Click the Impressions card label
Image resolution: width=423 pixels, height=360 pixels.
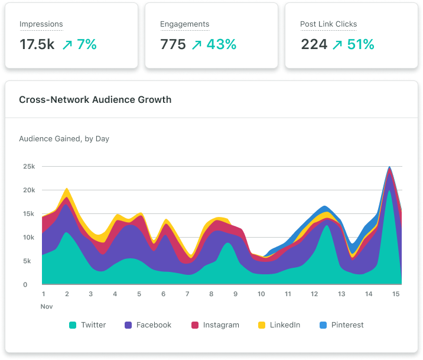click(x=41, y=24)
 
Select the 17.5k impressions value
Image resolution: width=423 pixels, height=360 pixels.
click(x=36, y=44)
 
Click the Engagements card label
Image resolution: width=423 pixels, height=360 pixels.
click(x=184, y=24)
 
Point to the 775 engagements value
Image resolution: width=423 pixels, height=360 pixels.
click(x=173, y=44)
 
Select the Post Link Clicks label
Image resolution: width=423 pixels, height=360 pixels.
click(x=328, y=24)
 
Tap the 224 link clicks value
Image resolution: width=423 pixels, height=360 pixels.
click(x=313, y=44)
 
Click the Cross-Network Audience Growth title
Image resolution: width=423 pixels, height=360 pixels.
click(x=95, y=99)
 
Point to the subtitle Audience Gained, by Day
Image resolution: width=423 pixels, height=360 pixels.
click(x=64, y=139)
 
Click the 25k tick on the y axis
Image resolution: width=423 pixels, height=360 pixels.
click(x=28, y=167)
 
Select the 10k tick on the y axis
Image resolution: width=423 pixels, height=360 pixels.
click(x=28, y=238)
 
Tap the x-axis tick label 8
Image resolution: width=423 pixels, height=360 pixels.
click(x=211, y=294)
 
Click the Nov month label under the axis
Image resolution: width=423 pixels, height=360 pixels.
click(x=46, y=306)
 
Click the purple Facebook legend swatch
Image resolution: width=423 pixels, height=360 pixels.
click(x=128, y=325)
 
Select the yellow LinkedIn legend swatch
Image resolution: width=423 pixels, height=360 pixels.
click(x=262, y=325)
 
